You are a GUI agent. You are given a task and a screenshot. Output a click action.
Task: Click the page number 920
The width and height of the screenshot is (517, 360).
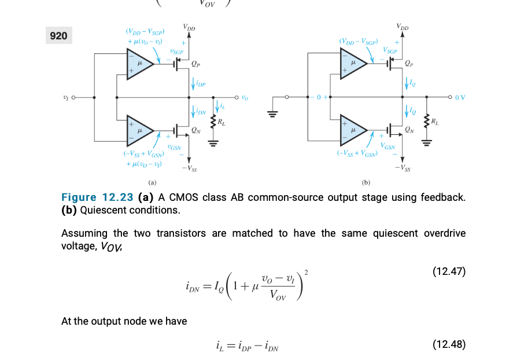pos(58,36)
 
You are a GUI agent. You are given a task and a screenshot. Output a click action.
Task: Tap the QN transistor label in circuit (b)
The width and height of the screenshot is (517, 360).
pos(409,129)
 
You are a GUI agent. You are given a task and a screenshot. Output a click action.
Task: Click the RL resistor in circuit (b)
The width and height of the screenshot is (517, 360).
pos(427,122)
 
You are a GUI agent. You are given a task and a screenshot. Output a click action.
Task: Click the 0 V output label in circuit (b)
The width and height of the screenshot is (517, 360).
pos(460,97)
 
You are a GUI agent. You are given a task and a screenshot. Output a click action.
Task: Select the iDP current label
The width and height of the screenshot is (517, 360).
pos(199,85)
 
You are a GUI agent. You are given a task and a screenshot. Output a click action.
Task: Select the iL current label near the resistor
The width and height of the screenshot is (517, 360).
pos(222,106)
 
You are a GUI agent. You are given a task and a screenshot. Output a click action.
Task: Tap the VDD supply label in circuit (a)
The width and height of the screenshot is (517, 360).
pos(189,27)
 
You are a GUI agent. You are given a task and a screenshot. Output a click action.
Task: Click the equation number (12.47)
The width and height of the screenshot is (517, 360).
pos(449,271)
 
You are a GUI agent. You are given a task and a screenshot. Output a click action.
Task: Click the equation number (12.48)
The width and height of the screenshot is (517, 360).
pos(449,345)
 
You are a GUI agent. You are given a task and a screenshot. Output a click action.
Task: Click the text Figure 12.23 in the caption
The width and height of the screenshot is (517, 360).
pos(97,197)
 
